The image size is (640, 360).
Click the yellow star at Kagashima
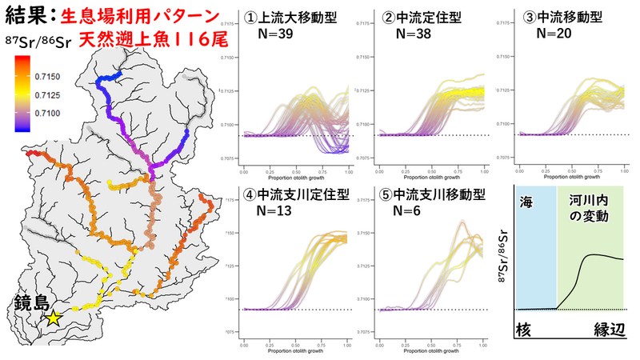click(x=53, y=318)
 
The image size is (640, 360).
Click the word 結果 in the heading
click(x=26, y=14)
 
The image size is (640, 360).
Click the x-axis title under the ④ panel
click(x=295, y=350)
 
